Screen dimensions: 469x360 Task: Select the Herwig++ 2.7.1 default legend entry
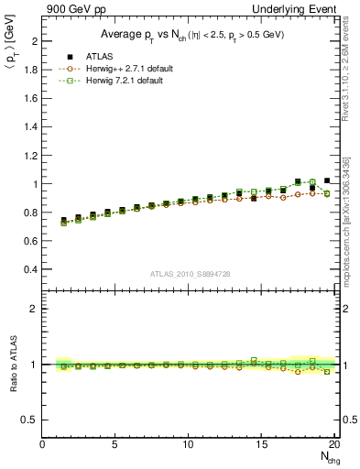tap(117, 69)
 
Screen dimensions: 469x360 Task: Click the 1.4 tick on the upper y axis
tap(29, 127)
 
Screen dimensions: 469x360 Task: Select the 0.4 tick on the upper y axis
tap(29, 269)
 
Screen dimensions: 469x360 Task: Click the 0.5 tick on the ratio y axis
tap(29, 420)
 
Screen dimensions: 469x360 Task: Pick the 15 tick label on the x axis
tap(262, 444)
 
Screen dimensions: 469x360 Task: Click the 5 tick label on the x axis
tap(115, 444)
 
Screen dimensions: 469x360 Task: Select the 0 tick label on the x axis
tap(43, 444)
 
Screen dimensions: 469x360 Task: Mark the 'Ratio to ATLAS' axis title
tap(11, 365)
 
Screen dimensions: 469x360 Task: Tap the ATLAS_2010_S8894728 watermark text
tap(189, 274)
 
